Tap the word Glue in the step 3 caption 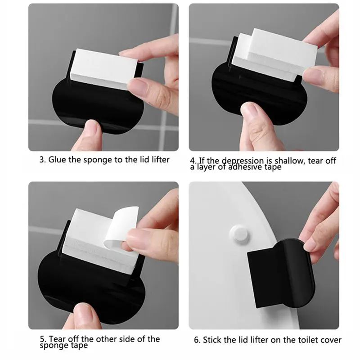[x=57, y=160]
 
